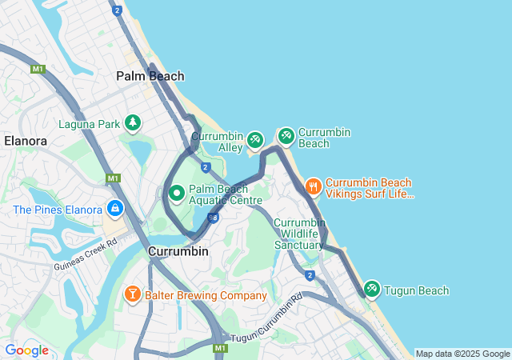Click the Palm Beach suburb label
(x=150, y=76)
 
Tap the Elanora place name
(x=25, y=140)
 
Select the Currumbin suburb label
(x=178, y=251)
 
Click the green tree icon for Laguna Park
(x=132, y=123)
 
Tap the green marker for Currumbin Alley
(x=254, y=140)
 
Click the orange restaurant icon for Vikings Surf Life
(x=312, y=186)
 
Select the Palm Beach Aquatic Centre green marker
(x=177, y=193)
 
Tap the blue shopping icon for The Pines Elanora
(x=116, y=209)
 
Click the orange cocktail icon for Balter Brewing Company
(x=132, y=294)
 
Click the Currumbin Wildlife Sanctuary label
(x=298, y=234)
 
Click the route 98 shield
(x=213, y=217)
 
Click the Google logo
(x=26, y=350)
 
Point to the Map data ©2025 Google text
(x=462, y=354)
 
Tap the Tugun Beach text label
(x=416, y=290)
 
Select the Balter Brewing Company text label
(x=206, y=295)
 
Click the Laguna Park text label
(x=88, y=124)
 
